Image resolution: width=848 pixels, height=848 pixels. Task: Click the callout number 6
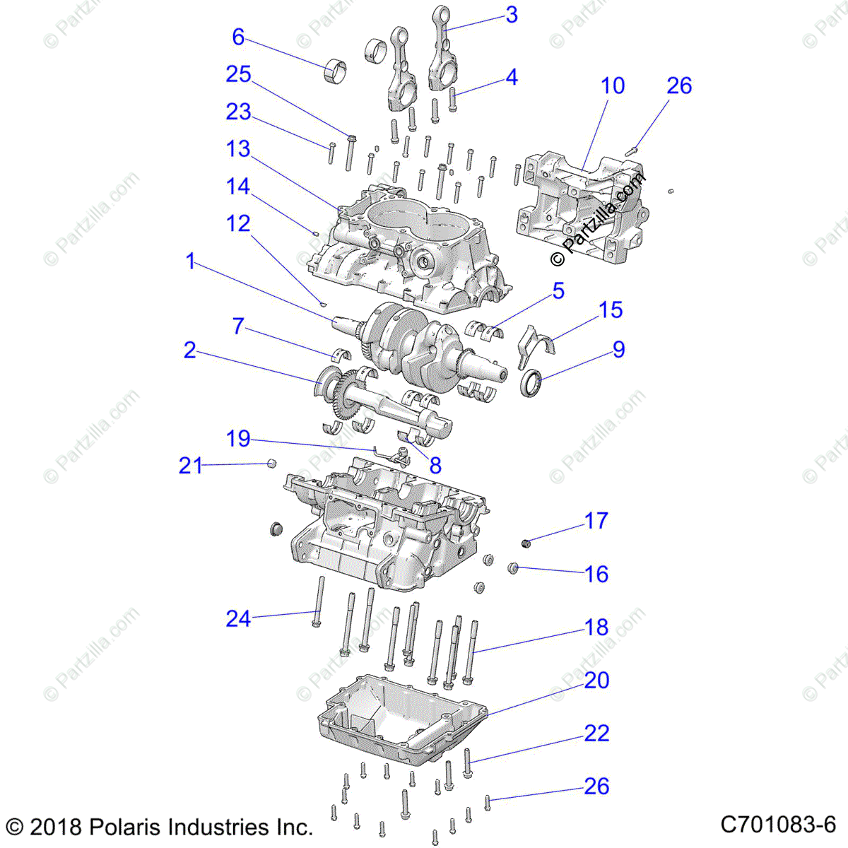238,37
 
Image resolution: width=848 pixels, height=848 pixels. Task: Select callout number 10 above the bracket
613,86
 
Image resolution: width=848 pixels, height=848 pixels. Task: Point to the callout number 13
238,149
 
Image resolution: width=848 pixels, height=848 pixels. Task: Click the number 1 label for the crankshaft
189,261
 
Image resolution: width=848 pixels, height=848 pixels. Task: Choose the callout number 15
611,310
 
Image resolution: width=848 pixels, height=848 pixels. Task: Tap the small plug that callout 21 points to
270,463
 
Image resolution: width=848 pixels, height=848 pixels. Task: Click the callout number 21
190,465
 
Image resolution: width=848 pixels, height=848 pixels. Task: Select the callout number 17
596,521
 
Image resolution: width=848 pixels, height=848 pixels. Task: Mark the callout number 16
596,574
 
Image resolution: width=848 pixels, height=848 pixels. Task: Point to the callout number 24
238,619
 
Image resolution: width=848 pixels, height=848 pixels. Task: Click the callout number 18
596,627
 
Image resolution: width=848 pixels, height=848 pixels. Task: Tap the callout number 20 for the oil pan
596,680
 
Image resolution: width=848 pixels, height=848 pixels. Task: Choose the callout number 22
596,733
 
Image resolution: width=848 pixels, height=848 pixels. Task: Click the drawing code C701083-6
778,825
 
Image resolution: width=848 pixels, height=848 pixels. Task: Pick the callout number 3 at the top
512,15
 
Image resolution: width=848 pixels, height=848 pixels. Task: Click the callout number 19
238,439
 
